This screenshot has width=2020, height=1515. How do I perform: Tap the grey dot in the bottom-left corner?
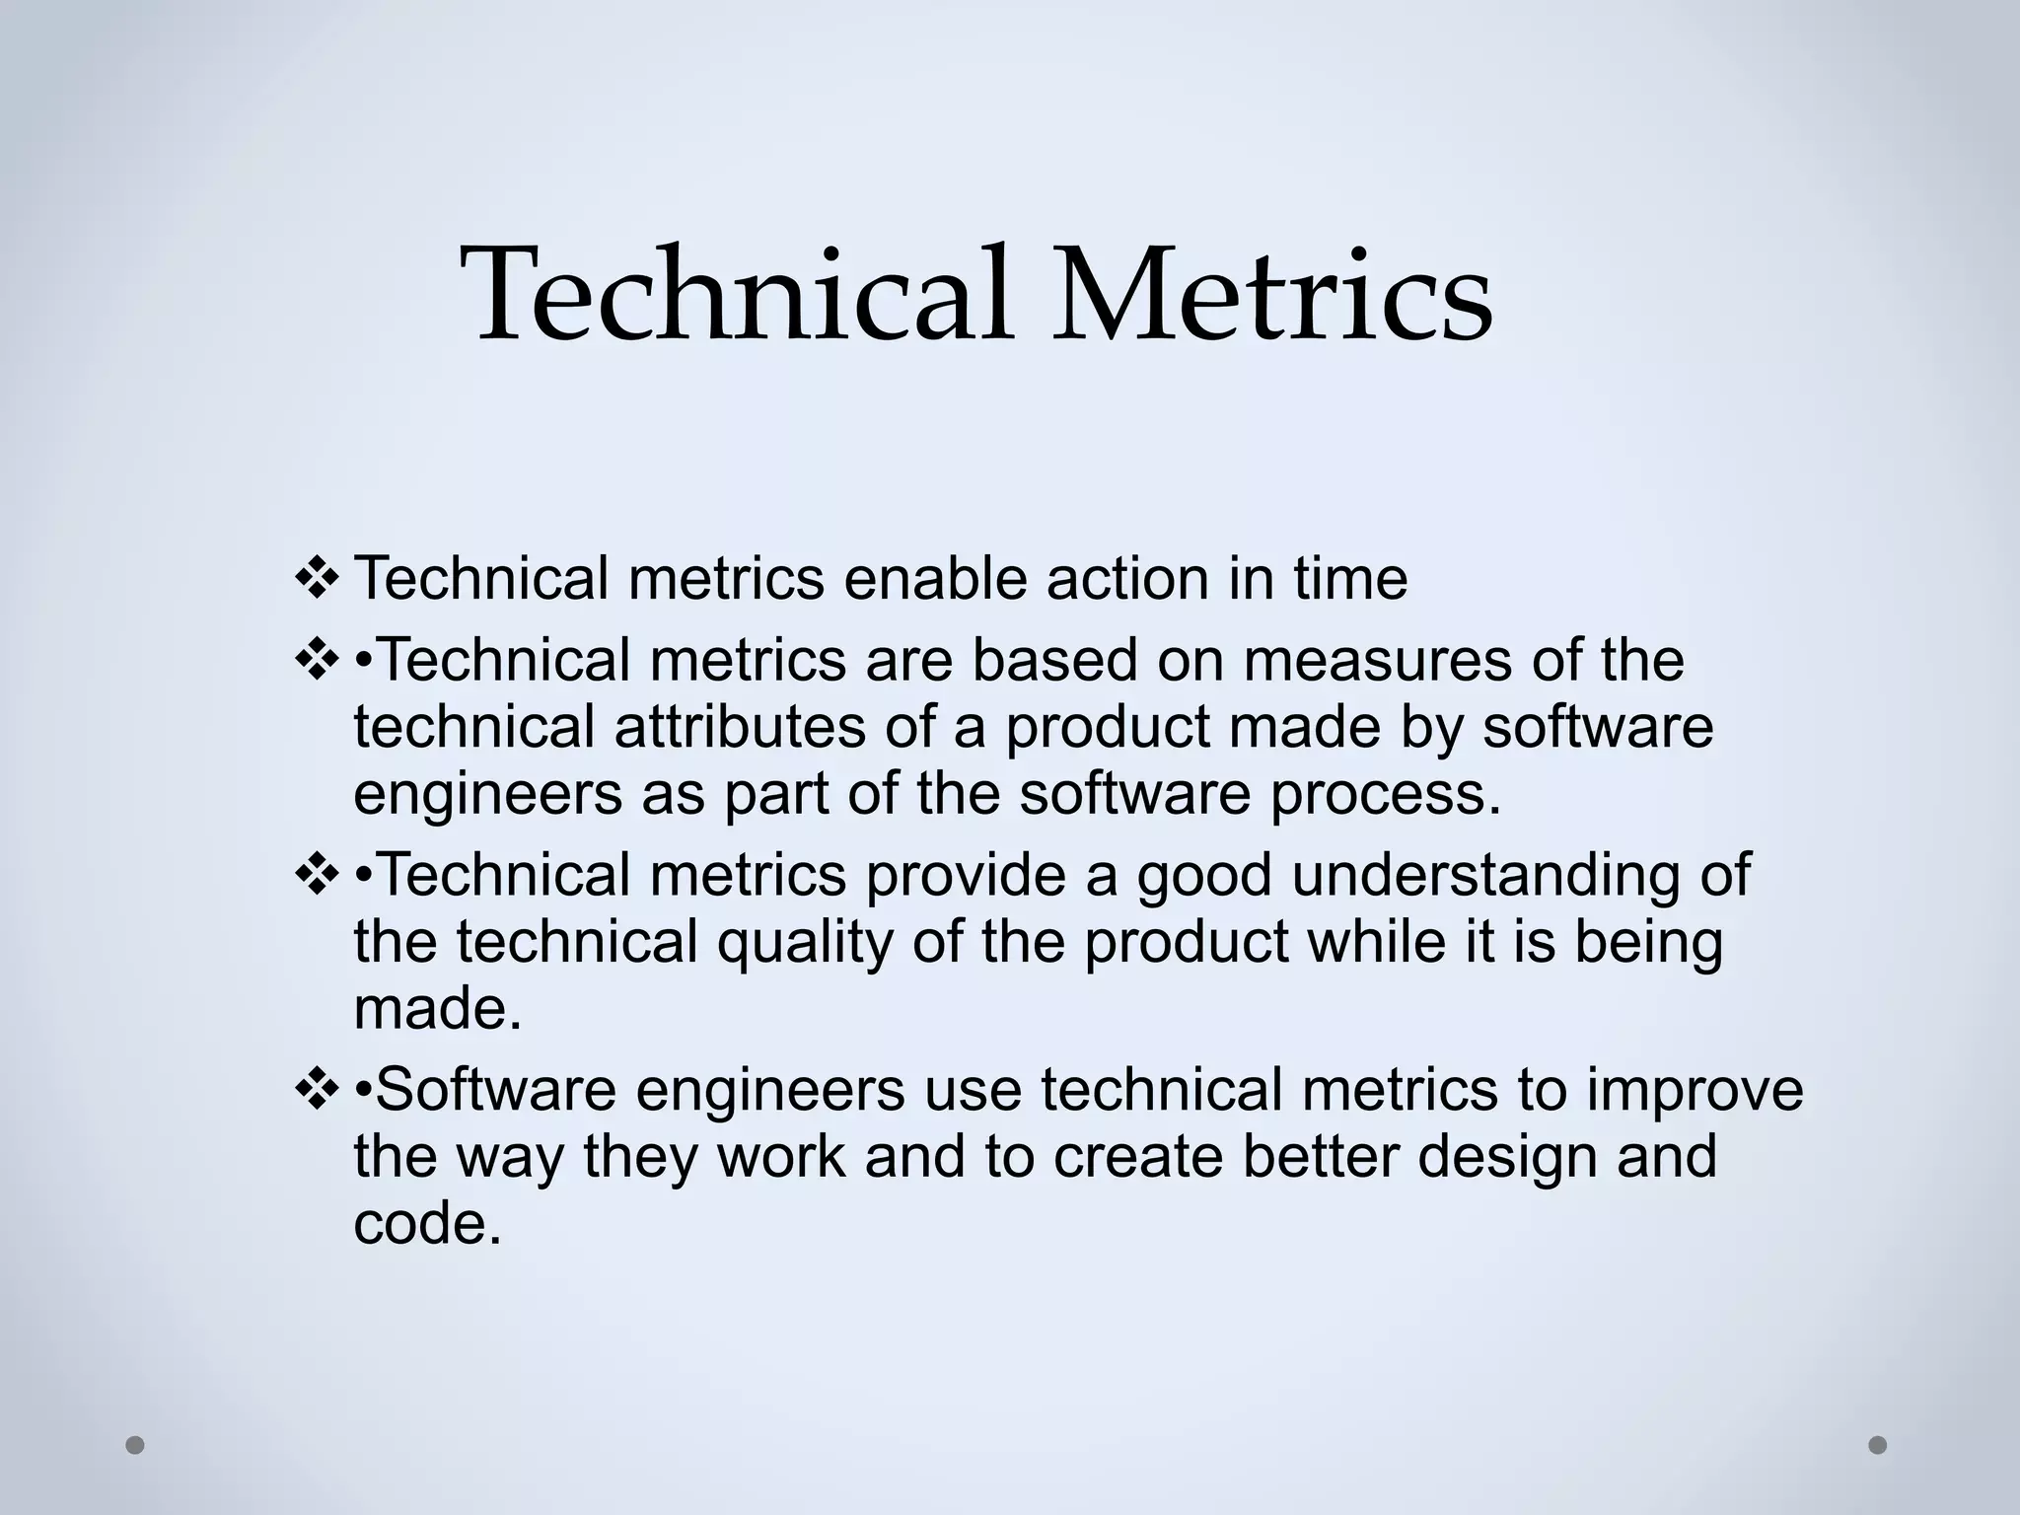[135, 1445]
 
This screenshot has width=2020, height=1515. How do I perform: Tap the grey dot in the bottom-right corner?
[1877, 1445]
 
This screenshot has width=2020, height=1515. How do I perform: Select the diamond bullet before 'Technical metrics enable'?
[318, 579]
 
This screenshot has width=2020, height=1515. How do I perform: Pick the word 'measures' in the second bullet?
[1377, 661]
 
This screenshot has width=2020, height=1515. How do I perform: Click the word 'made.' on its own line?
[437, 1009]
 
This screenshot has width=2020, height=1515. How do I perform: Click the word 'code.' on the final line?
[428, 1224]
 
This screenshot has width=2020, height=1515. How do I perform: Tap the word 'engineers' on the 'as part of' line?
[487, 795]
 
